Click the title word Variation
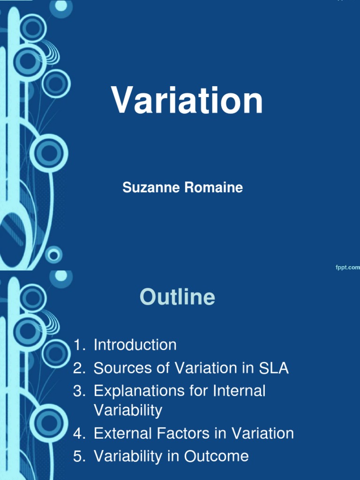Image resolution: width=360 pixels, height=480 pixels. [187, 101]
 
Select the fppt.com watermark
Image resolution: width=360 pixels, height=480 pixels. [347, 267]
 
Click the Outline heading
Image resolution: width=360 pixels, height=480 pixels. [177, 297]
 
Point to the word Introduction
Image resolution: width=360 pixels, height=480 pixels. [135, 345]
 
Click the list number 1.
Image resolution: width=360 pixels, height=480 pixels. [78, 345]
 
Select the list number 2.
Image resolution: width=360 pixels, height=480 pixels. [78, 368]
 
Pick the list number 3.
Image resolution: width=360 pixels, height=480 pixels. [78, 391]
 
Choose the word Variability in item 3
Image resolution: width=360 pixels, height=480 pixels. [128, 411]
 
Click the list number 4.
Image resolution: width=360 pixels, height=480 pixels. [78, 433]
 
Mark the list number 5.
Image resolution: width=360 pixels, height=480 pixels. [78, 456]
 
